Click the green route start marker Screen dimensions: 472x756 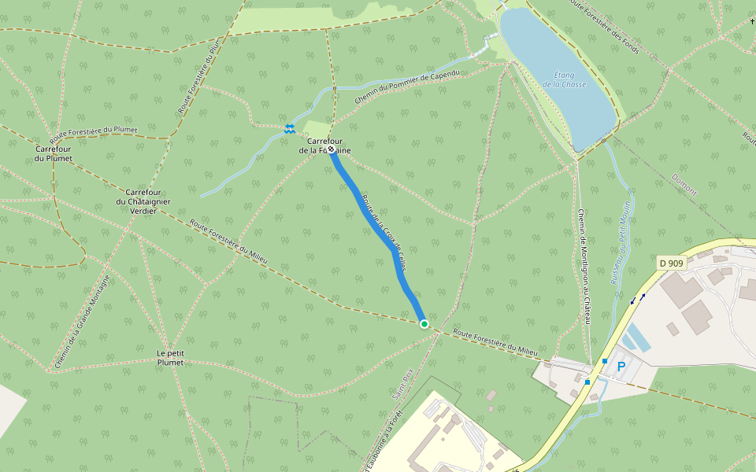(x=424, y=324)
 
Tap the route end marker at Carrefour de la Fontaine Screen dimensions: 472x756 (x=332, y=149)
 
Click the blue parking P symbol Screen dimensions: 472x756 (x=621, y=367)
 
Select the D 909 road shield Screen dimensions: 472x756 (x=670, y=262)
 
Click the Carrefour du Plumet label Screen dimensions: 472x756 (x=54, y=153)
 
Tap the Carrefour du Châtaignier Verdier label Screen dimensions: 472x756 (x=143, y=201)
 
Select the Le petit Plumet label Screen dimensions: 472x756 (x=170, y=358)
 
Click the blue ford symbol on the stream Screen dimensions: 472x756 (x=289, y=127)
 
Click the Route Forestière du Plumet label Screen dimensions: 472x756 (x=94, y=130)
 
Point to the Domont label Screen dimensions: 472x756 (x=685, y=185)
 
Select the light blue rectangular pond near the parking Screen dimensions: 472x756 (x=636, y=338)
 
